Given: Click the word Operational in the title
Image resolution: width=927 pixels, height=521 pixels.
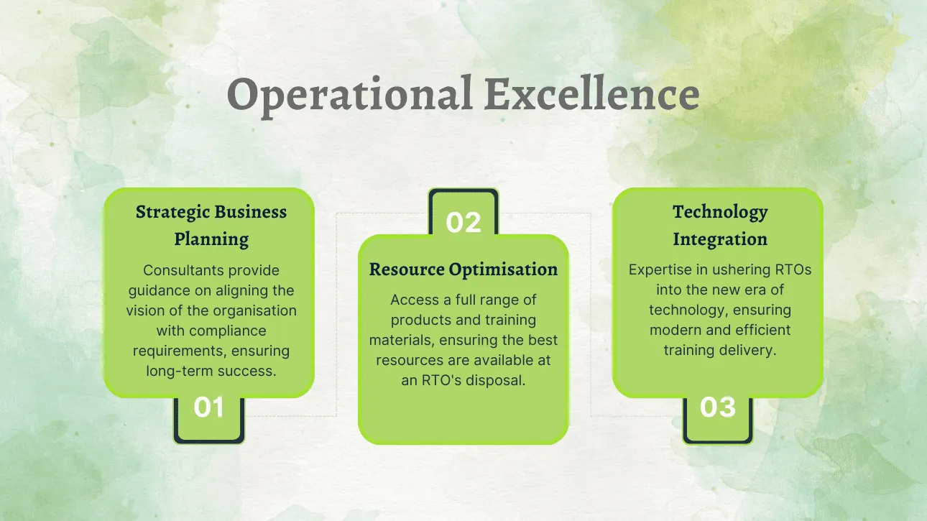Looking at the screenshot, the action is (x=350, y=95).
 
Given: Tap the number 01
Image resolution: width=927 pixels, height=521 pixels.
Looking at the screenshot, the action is (x=208, y=407).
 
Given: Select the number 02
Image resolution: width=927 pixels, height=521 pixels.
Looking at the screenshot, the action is (x=463, y=222).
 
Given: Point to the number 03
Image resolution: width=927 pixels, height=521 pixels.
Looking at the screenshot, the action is (x=718, y=407).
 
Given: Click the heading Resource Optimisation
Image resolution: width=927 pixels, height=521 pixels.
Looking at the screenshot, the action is (x=463, y=269).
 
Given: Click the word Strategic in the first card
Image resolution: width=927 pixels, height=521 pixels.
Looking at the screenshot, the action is (x=173, y=212).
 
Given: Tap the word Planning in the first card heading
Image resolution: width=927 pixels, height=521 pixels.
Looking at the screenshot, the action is (x=211, y=239).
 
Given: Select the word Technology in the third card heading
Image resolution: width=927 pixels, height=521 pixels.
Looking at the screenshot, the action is (x=720, y=212).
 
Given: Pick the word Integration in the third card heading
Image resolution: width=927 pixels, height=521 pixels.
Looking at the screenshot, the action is (x=720, y=239).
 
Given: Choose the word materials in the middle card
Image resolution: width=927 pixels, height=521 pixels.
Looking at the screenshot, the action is (x=402, y=340).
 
